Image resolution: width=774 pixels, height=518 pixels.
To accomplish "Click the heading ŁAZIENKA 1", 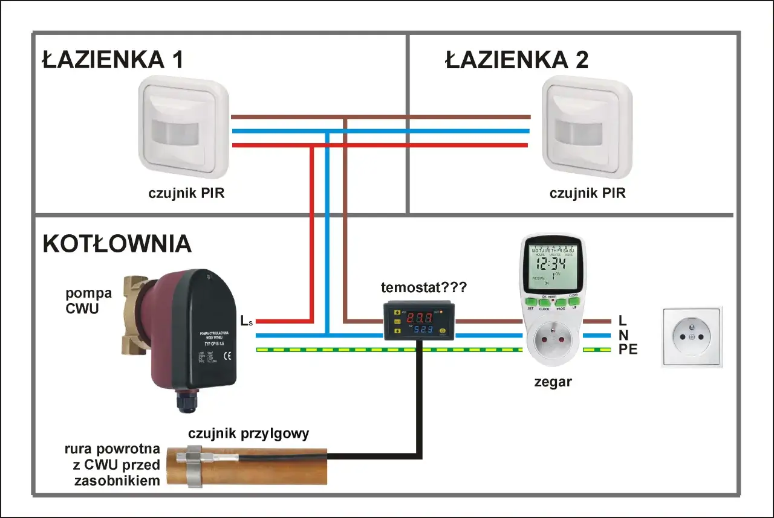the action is [x=112, y=61].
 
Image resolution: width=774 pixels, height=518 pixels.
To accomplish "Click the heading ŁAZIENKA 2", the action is [x=516, y=61].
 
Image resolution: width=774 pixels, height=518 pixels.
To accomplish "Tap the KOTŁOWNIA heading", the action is [x=117, y=245].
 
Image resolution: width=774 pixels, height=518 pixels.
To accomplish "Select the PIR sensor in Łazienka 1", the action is [x=184, y=127].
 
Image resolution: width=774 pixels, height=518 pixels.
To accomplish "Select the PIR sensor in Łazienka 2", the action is [x=587, y=127].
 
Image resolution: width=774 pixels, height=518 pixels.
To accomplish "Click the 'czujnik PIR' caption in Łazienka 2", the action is [x=587, y=194].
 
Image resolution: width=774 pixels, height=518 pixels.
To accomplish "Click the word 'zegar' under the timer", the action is [x=553, y=382].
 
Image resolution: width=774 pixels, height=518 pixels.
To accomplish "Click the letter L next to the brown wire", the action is [x=623, y=322].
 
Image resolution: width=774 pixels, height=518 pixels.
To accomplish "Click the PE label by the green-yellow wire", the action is [x=628, y=350].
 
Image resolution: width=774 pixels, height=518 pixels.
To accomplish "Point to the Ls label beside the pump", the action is [x=246, y=321].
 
